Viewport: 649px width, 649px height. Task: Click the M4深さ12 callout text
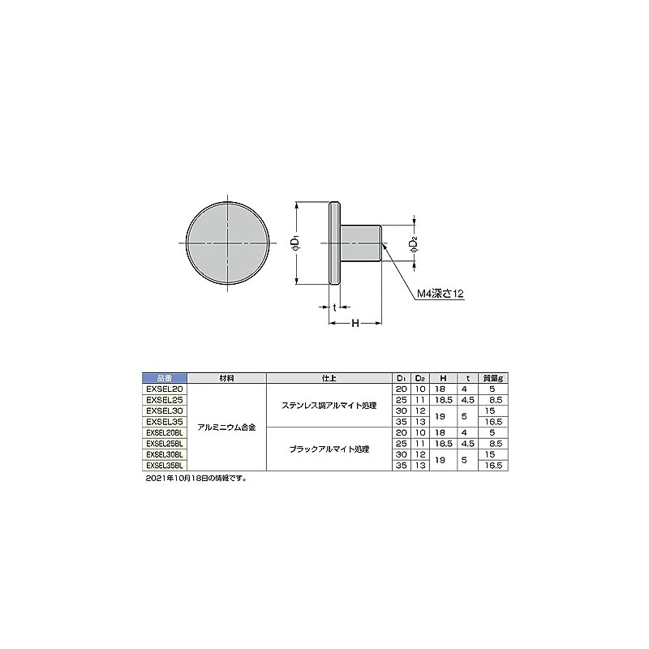440,294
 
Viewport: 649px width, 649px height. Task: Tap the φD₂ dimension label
414,244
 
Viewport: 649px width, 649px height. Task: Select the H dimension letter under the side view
355,323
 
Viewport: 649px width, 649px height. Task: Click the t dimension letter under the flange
334,307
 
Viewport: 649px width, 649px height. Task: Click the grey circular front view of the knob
227,243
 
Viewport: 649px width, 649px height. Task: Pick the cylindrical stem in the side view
360,243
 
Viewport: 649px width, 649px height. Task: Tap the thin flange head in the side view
334,243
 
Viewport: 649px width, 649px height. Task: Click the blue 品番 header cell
165,378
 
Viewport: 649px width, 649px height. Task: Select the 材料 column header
227,378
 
